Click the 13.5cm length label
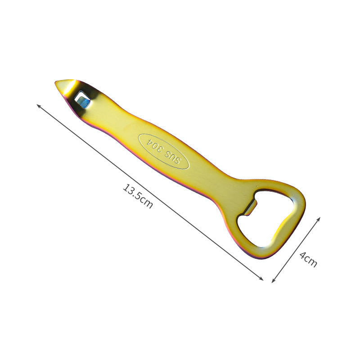[138, 196]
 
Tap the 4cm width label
[308, 260]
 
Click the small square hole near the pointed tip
[83, 99]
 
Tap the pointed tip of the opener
[55, 82]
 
